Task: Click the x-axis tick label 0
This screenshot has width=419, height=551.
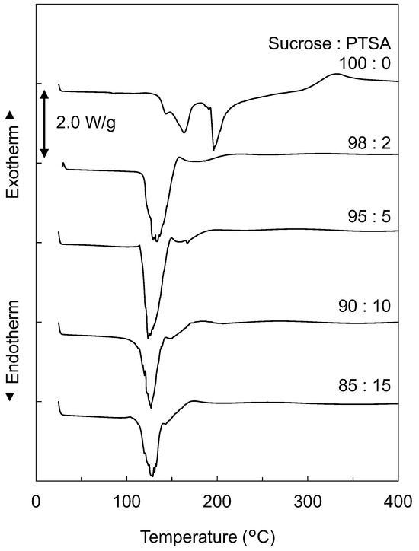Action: [36, 502]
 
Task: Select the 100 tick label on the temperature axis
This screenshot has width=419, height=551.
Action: [126, 502]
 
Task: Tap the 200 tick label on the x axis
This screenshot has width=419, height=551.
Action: [217, 502]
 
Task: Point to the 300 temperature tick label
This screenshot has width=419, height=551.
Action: [308, 502]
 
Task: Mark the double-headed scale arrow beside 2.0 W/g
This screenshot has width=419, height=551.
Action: [44, 123]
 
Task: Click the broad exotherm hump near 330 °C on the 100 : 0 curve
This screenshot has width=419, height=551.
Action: [334, 75]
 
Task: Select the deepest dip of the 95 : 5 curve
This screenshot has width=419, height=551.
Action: [149, 336]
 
